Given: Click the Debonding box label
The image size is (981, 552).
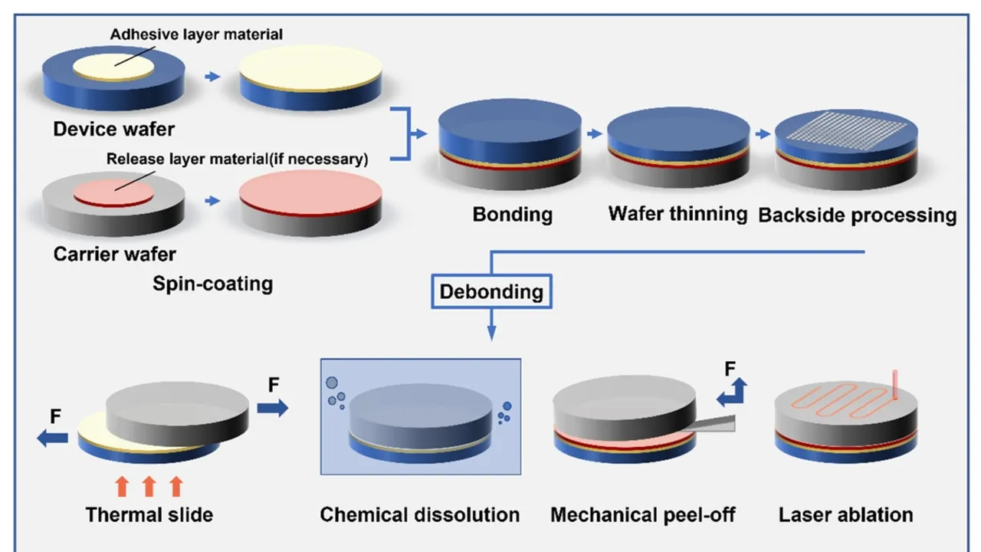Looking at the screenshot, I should coord(491,291).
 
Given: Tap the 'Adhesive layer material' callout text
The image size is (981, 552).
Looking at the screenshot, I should coord(196,34).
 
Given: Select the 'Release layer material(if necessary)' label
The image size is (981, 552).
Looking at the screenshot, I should coord(237,159).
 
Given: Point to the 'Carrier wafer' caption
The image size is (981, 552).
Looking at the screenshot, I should coord(114,254).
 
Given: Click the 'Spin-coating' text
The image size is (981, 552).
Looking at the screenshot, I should coord(212,284).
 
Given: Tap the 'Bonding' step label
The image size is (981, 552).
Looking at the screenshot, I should coord(512,214).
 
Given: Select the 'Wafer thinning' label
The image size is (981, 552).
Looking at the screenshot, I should coord(678,212).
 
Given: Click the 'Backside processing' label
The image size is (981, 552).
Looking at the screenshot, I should coord(857,215).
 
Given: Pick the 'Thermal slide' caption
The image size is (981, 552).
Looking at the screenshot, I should coord(149,514).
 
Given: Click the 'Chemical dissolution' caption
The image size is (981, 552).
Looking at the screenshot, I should coord(419,514).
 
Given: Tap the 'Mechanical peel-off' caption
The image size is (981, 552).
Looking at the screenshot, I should coord(642,514).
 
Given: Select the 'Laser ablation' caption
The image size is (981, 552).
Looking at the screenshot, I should coord(845,514).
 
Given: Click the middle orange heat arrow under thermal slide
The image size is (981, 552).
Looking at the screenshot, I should coord(149,486).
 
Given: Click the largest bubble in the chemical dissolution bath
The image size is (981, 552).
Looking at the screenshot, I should coord(332,382).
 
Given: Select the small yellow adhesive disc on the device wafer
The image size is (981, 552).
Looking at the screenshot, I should coord(113,67).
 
